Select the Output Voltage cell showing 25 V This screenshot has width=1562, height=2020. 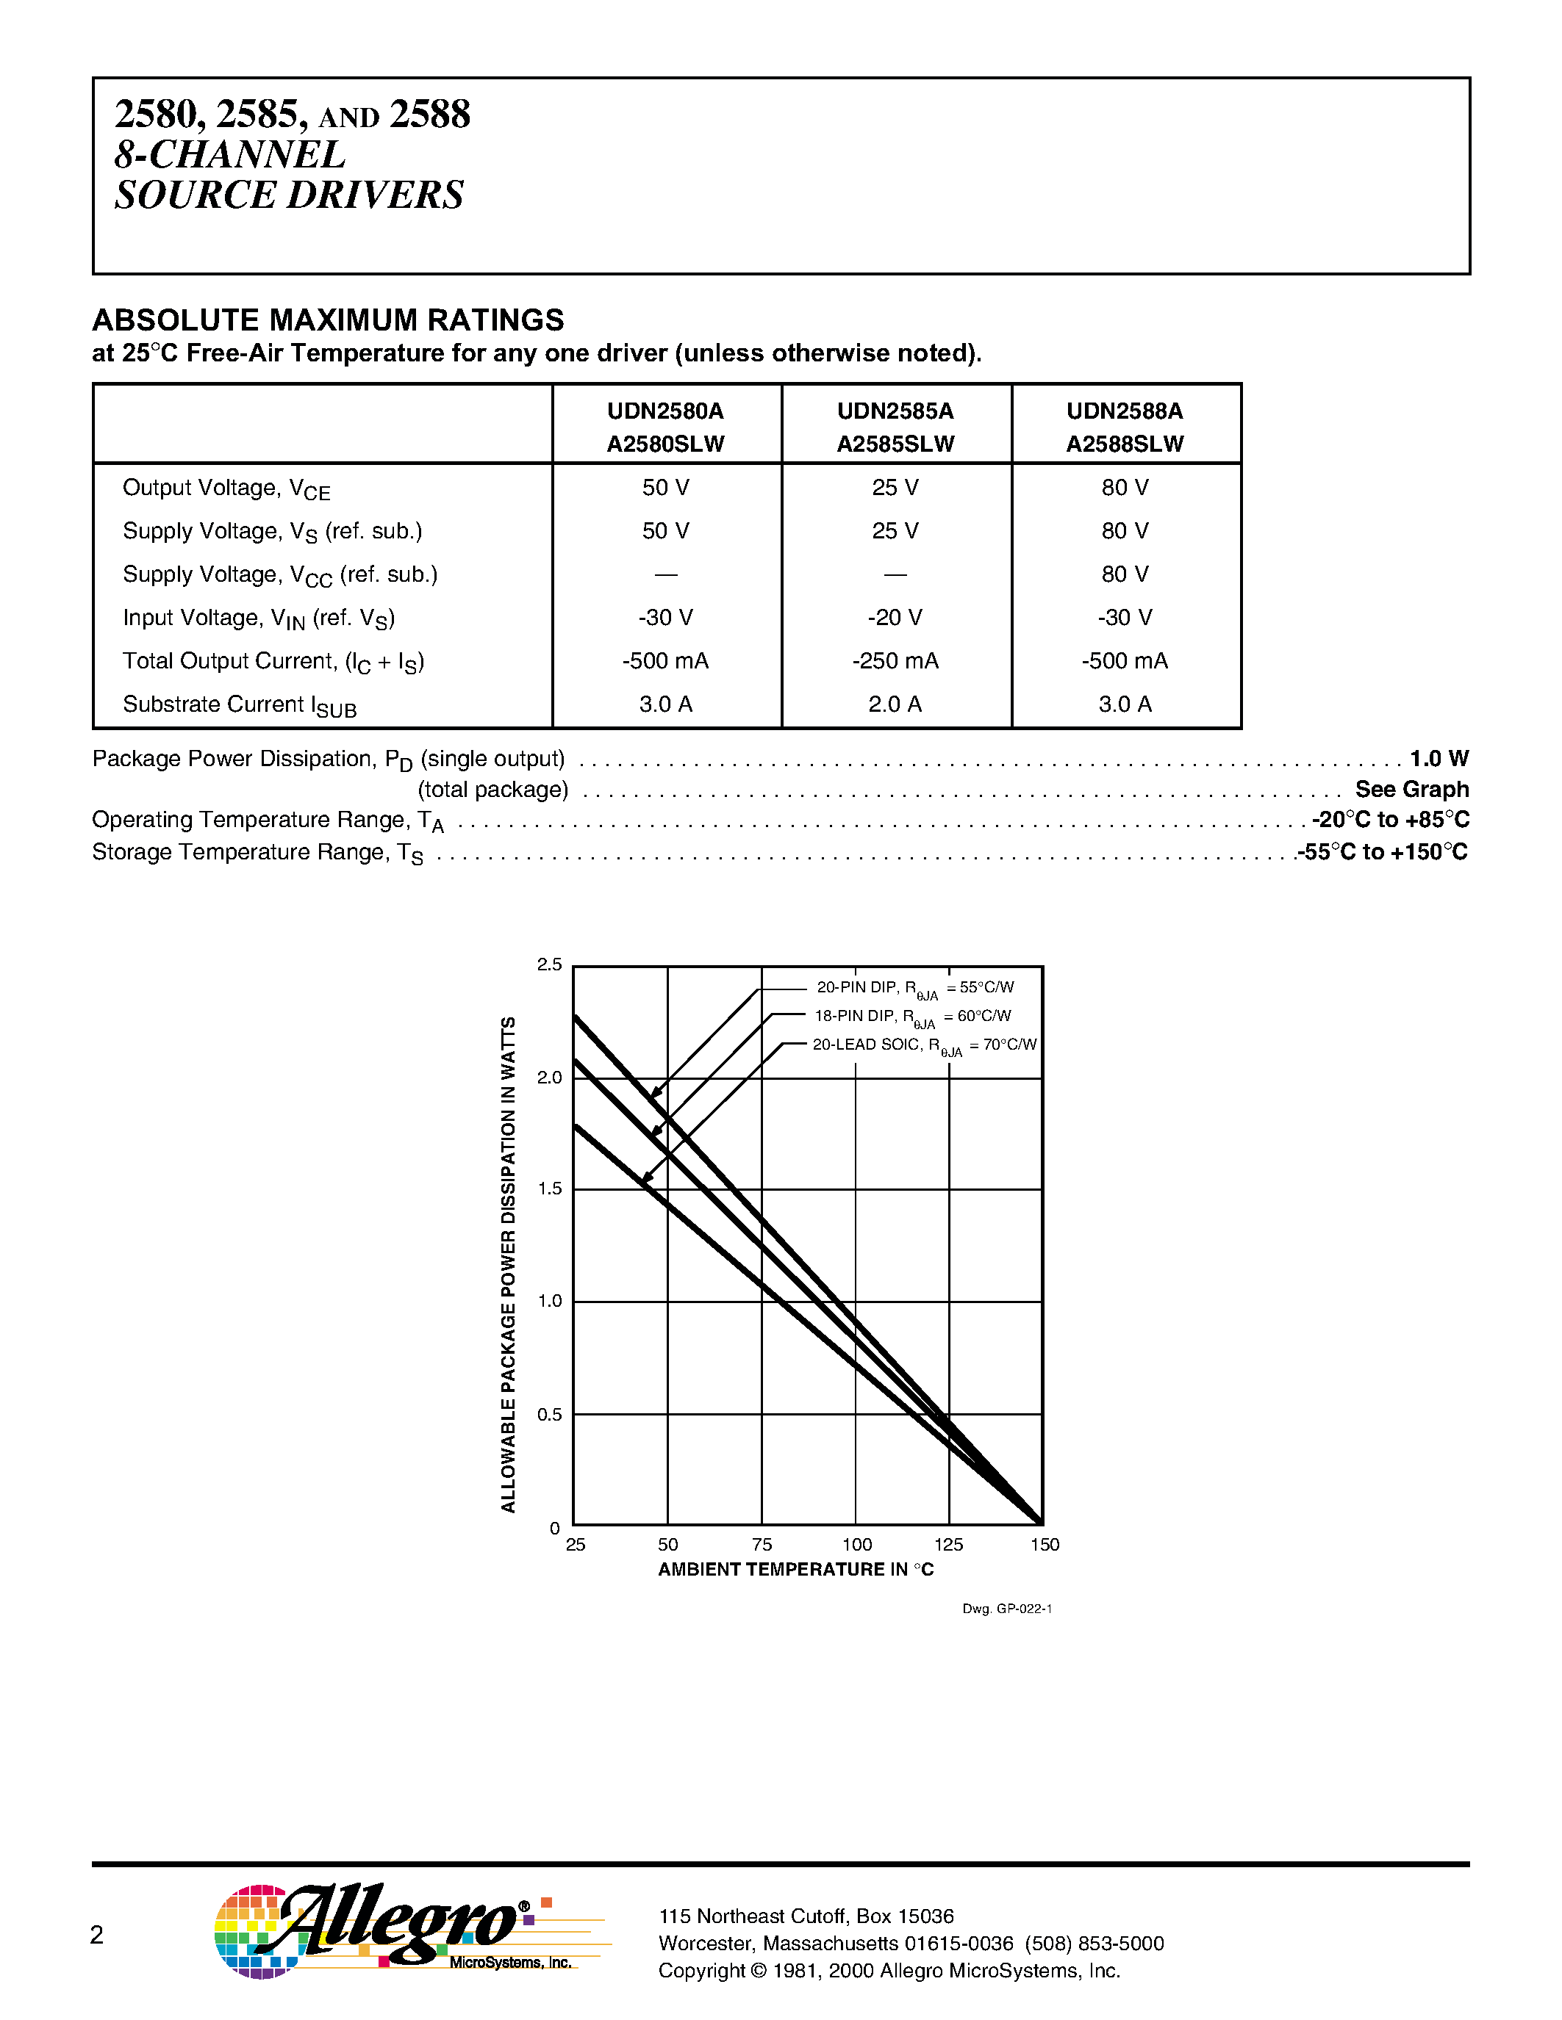tap(895, 488)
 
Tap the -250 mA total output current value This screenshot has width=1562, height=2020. tap(895, 660)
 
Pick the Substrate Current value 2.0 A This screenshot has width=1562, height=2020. tap(895, 704)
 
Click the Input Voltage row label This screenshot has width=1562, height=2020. tap(258, 618)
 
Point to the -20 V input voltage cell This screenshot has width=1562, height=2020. tap(895, 617)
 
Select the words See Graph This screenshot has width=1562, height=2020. tap(1411, 789)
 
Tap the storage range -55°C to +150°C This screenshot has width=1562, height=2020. tap(1383, 852)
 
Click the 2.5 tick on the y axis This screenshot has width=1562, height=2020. tap(550, 964)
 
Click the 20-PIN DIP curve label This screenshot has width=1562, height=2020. tap(914, 989)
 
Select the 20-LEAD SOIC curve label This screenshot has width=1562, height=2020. tap(923, 1046)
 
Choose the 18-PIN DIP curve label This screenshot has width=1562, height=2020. tap(911, 1017)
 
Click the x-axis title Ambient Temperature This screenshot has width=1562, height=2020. tap(796, 1570)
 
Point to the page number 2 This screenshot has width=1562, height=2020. tap(96, 1935)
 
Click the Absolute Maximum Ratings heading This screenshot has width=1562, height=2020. tap(328, 320)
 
